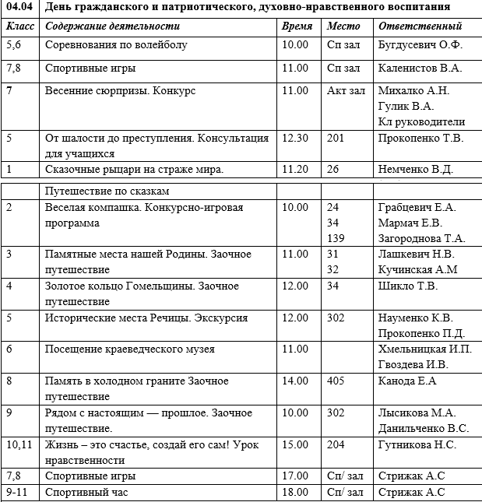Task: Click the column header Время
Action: (x=297, y=26)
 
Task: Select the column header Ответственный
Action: (x=419, y=26)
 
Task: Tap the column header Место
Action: (x=344, y=26)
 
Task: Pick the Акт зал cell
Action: (x=346, y=91)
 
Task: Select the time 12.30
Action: (x=294, y=139)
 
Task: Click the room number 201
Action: (x=336, y=139)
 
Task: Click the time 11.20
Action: (x=294, y=169)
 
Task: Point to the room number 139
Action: (x=336, y=237)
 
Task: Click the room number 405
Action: (x=336, y=381)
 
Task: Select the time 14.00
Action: (x=294, y=381)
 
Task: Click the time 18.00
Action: (x=294, y=492)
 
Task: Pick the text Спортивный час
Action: (x=86, y=492)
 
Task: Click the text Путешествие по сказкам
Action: (x=107, y=190)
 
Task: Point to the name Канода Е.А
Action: (x=407, y=381)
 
